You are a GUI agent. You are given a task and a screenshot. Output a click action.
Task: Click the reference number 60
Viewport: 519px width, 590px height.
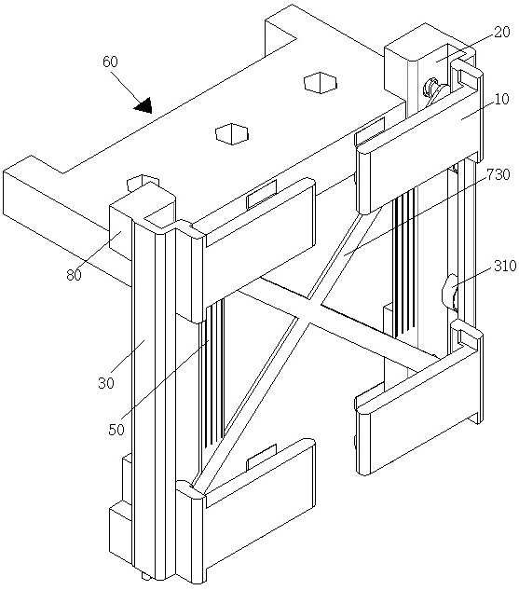(110, 62)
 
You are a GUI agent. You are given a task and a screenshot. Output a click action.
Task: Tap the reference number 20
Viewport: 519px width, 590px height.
(501, 32)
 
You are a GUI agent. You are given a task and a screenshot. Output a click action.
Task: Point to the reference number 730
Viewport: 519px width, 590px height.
(499, 174)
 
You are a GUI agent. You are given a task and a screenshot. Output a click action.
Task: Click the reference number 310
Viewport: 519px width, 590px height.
(505, 266)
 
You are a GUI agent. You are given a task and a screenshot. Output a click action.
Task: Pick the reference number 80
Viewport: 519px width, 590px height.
(74, 275)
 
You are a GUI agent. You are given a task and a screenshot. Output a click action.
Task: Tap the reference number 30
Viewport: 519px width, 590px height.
(106, 383)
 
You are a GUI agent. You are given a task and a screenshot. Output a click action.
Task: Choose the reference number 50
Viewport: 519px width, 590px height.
(116, 430)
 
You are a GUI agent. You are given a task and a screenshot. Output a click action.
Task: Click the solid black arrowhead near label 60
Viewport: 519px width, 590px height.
(143, 105)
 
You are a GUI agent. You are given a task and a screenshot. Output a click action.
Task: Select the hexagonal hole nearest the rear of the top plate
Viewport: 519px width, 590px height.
(320, 83)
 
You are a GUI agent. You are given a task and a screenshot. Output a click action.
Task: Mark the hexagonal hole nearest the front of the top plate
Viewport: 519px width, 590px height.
(232, 133)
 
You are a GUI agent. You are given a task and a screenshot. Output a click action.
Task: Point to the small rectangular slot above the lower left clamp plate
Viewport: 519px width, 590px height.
(262, 457)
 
